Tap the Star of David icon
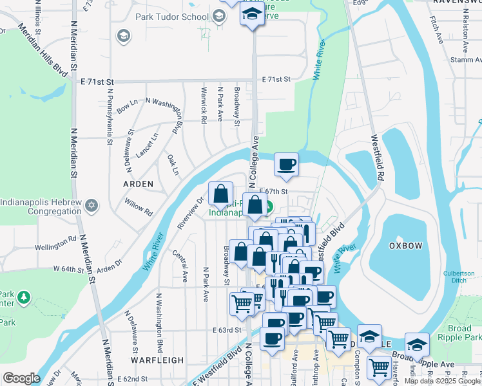point(92,205)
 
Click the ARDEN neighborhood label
point(139,184)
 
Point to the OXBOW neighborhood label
point(405,246)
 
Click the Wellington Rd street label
point(56,245)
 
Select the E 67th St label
point(273,191)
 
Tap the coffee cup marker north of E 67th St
point(285,164)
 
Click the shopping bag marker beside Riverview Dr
point(220,193)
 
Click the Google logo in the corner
point(21,378)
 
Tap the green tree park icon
point(24,297)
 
